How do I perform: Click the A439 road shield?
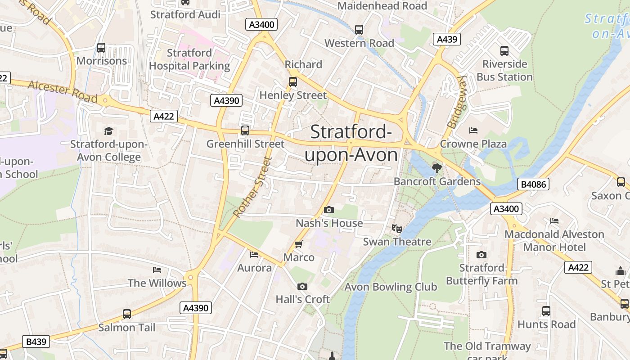pyautogui.click(x=447, y=39)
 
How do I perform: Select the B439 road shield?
pyautogui.click(x=36, y=342)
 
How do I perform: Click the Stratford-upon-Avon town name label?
pyautogui.click(x=351, y=144)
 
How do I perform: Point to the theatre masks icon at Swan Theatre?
pyautogui.click(x=396, y=229)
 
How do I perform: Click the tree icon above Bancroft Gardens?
pyautogui.click(x=436, y=168)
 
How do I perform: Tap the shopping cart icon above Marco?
pyautogui.click(x=298, y=244)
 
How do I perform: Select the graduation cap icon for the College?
pyautogui.click(x=108, y=131)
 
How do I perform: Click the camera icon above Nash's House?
pyautogui.click(x=329, y=210)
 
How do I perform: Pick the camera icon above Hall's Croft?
pyautogui.click(x=302, y=286)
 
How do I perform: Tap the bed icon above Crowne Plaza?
pyautogui.click(x=473, y=130)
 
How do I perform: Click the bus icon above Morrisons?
pyautogui.click(x=101, y=47)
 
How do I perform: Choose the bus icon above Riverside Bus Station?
pyautogui.click(x=504, y=51)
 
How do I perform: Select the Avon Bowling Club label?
pyautogui.click(x=391, y=287)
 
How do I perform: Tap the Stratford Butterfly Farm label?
pyautogui.click(x=481, y=274)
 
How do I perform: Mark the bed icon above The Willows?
pyautogui.click(x=157, y=270)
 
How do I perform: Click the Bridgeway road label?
pyautogui.click(x=455, y=102)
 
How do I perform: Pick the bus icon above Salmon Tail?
pyautogui.click(x=127, y=314)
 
